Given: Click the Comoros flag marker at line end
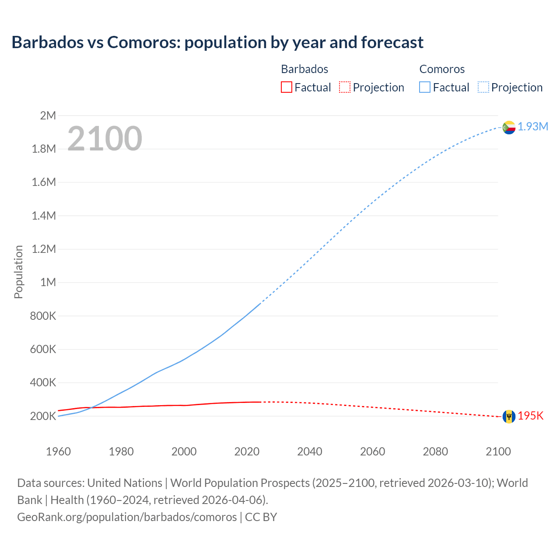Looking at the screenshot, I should point(508,127).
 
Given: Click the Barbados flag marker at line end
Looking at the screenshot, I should point(508,416).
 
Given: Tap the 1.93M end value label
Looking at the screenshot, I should point(533,126).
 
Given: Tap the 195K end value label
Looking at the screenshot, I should point(530,416).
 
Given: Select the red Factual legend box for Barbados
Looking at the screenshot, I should point(286,87).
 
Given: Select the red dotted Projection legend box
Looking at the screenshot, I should point(345,87).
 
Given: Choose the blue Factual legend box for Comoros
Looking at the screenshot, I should point(425,87).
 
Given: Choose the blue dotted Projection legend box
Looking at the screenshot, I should point(483,87).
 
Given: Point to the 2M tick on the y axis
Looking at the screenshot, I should point(48,115).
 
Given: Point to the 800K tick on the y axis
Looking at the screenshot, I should point(43,316).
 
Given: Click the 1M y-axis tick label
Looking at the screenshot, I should point(48,282).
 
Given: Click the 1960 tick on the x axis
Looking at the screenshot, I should point(58,451).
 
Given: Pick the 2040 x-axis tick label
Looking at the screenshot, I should point(310,451).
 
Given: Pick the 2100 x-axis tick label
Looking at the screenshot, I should point(498,451).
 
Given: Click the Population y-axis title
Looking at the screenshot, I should point(18,272).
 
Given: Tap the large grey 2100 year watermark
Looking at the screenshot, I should point(105,139).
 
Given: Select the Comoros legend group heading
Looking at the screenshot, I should point(442,69).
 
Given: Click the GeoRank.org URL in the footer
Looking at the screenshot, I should point(127,517).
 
